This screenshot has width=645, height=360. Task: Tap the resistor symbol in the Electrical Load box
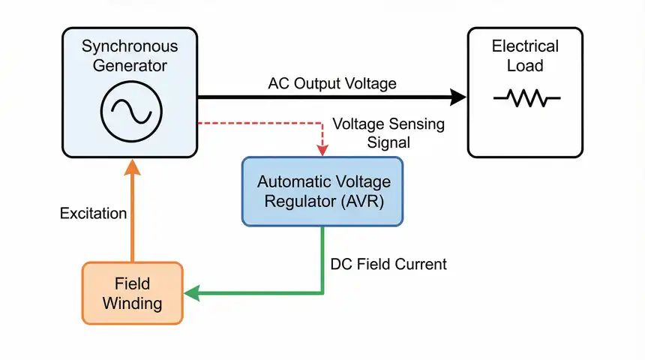[526, 98]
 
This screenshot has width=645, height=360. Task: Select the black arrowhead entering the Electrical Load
[457, 96]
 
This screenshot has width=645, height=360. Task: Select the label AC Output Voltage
[331, 83]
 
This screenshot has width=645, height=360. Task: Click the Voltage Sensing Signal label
[388, 132]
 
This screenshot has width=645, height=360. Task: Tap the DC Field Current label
[388, 264]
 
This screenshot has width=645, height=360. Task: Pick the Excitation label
[93, 214]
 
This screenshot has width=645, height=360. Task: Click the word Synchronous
[129, 46]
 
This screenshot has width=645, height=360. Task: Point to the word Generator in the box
[129, 66]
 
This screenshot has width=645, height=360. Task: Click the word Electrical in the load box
[525, 46]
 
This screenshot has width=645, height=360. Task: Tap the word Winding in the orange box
[132, 304]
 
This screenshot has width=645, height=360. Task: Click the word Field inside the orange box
[132, 284]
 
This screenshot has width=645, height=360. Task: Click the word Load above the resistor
[525, 66]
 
